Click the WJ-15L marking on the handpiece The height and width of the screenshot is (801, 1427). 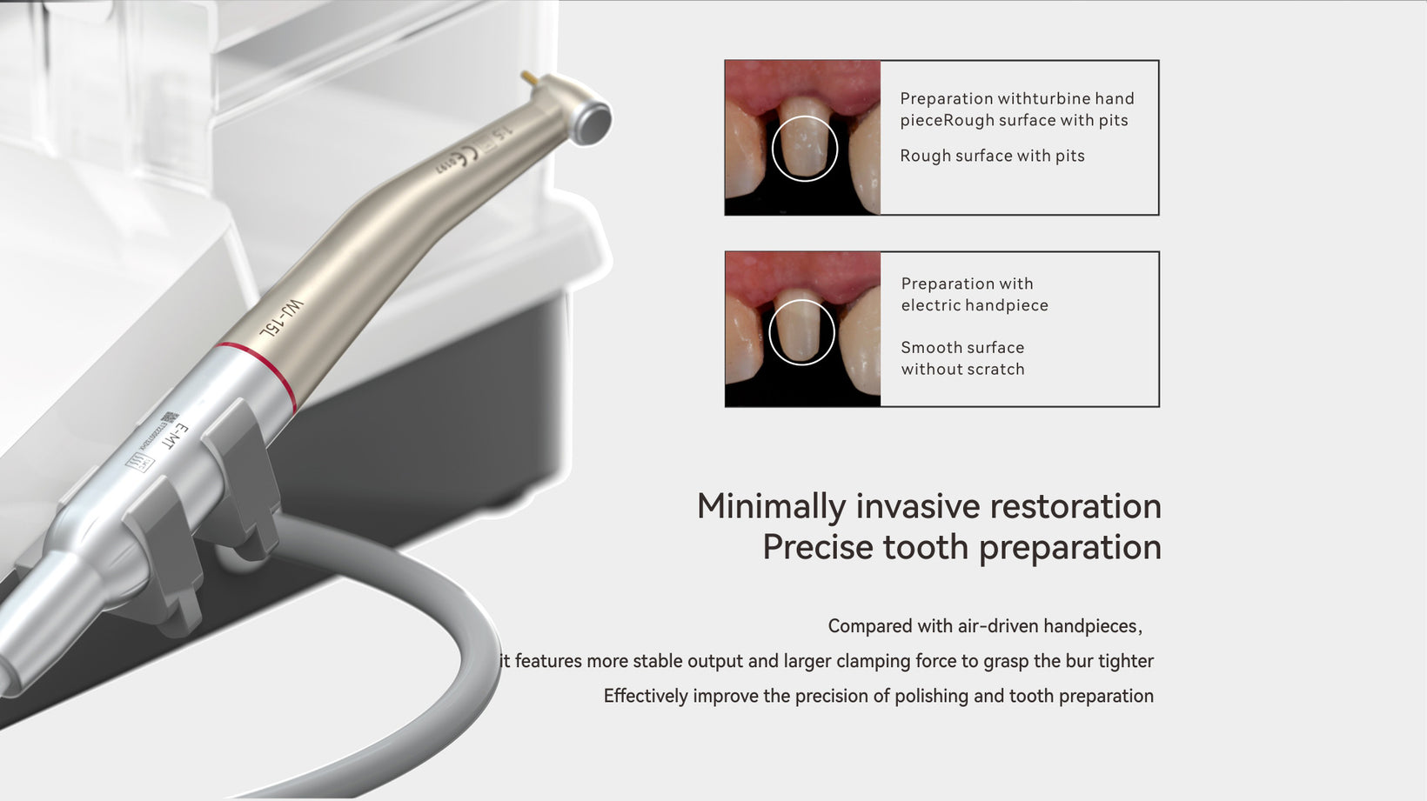click(281, 318)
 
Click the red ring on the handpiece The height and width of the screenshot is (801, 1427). click(259, 376)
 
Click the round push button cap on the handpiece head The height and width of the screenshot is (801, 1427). click(592, 122)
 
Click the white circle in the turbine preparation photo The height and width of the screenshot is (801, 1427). click(804, 149)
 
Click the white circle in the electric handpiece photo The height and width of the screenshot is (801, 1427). click(801, 332)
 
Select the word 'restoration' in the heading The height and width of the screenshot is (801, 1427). click(1075, 507)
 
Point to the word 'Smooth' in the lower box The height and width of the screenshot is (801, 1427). click(931, 348)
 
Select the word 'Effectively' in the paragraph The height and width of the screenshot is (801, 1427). click(646, 696)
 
